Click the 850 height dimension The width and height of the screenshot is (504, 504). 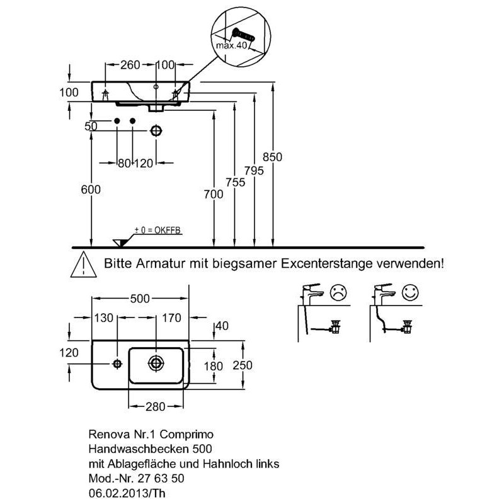click(272, 157)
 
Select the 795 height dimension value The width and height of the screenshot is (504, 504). click(254, 171)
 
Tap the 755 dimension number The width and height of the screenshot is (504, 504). click(235, 182)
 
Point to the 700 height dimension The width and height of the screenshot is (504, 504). click(214, 194)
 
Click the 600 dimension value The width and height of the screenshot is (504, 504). click(91, 190)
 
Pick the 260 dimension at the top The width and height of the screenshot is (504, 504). click(130, 65)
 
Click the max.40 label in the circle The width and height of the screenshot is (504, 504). click(231, 45)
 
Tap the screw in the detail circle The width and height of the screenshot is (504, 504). click(243, 35)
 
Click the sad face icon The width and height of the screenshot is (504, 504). click(338, 292)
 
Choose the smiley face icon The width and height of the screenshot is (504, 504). click(411, 292)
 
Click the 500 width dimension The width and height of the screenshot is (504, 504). click(140, 299)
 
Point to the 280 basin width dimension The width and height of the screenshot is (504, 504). click(155, 406)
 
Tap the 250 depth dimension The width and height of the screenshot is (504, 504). click(243, 365)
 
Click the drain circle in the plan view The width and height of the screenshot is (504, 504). click(156, 364)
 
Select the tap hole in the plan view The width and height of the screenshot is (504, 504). click(117, 364)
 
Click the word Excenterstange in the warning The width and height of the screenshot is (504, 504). click(327, 264)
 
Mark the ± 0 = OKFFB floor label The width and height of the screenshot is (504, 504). click(157, 230)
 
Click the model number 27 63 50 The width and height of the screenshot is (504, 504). click(161, 478)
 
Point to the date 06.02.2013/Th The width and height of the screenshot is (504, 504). click(127, 493)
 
